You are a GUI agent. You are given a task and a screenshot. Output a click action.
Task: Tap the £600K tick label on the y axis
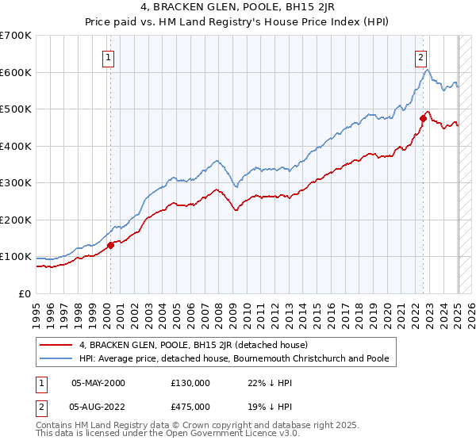pos(15,72)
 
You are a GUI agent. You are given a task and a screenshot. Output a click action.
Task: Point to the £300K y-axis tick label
pos(15,183)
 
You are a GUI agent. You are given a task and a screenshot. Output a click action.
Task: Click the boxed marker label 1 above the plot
pos(107,56)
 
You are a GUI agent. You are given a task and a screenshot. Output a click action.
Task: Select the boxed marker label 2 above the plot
pos(420,56)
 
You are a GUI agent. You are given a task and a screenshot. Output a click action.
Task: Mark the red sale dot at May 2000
pos(110,245)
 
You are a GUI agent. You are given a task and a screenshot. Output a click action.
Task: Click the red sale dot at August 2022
pos(423,118)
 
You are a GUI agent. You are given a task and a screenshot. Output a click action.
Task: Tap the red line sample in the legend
pos(57,345)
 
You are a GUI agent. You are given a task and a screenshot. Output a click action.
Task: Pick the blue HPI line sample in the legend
pos(57,358)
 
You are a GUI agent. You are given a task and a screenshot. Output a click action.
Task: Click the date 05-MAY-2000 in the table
pos(98,382)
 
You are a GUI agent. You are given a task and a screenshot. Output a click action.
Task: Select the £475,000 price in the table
pos(190,407)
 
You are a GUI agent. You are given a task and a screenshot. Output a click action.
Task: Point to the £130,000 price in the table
pos(190,382)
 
